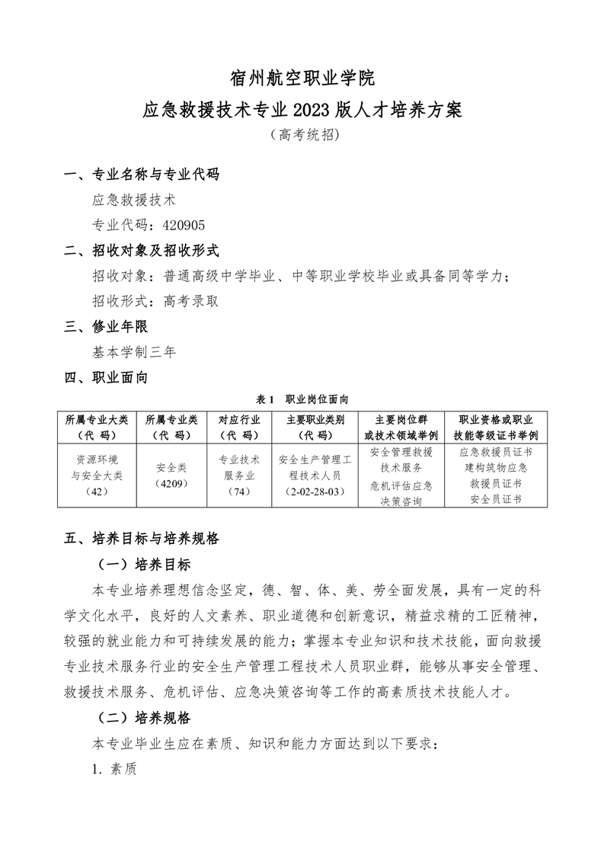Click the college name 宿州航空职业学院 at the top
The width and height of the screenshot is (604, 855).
click(302, 78)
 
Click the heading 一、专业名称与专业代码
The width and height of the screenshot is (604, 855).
click(141, 175)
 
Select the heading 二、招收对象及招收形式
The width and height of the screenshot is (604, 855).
click(141, 250)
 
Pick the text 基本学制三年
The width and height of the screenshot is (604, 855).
click(134, 351)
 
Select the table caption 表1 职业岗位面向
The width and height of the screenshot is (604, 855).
click(302, 399)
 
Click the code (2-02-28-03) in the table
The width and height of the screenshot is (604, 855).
click(315, 492)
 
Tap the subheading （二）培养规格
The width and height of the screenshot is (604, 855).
click(141, 718)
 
